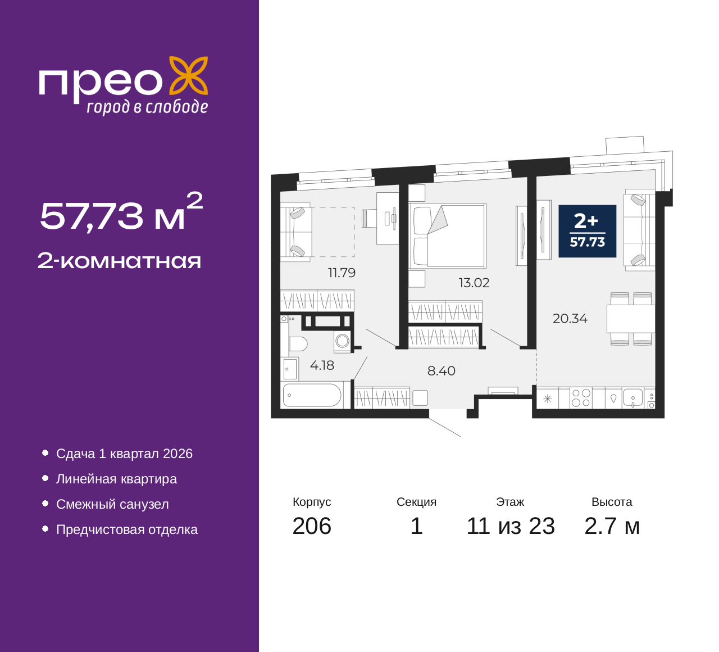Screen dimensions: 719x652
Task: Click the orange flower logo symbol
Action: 189,76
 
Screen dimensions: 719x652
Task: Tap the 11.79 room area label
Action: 342,273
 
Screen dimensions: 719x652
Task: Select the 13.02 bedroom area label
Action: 474,283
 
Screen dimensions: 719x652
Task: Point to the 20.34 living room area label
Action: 570,319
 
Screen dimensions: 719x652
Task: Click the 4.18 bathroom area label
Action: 322,365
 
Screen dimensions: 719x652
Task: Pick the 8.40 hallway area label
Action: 441,371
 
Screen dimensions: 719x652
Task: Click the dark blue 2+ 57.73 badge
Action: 587,232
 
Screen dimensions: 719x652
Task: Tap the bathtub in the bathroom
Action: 312,395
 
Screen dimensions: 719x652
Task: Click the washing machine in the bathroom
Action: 342,341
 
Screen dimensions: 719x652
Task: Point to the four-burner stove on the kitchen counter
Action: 581,398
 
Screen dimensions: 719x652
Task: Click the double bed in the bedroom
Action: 447,236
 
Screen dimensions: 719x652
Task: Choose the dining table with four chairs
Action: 631,319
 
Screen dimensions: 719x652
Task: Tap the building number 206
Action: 312,526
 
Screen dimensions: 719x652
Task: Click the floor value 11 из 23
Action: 511,526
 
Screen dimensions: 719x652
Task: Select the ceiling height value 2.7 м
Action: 612,526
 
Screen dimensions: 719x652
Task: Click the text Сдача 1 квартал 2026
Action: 124,454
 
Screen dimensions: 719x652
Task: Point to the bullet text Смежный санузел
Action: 112,504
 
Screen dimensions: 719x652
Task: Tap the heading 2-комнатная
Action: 119,261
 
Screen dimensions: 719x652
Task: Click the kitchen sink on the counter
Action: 633,398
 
